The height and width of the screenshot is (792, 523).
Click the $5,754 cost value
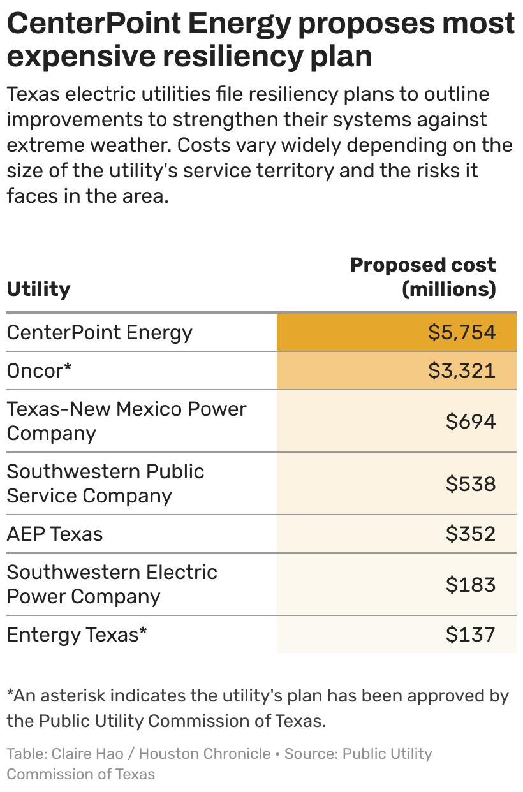462,332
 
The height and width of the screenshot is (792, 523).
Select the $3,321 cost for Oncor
462,370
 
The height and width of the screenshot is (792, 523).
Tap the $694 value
471,421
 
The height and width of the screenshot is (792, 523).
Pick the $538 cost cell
471,484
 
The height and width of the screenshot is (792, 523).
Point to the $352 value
471,534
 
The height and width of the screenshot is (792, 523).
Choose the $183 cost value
471,585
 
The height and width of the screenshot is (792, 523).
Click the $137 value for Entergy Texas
471,634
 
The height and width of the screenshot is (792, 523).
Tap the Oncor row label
39,370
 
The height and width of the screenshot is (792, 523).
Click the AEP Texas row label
55,534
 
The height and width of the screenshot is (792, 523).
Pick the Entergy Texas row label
77,635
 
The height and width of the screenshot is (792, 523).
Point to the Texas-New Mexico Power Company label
126,422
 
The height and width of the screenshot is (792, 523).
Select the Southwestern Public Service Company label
105,484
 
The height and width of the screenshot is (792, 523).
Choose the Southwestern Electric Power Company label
112,585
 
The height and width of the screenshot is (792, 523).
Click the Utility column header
38,290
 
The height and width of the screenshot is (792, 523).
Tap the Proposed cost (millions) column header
423,277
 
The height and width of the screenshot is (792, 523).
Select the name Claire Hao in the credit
87,754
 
